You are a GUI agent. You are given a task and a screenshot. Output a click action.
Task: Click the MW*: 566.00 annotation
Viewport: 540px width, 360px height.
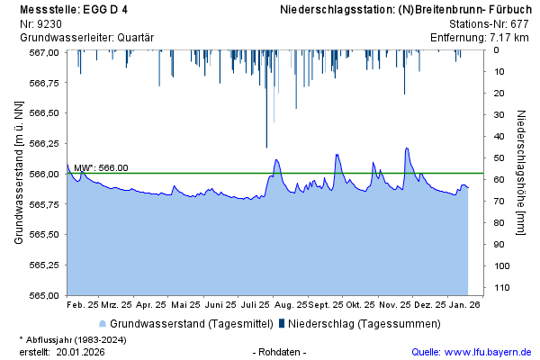pyautogui.click(x=101, y=167)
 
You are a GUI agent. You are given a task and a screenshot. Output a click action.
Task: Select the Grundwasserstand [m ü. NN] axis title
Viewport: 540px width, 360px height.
pyautogui.click(x=19, y=173)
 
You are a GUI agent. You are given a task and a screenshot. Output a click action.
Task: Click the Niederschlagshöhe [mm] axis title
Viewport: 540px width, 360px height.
pyautogui.click(x=521, y=173)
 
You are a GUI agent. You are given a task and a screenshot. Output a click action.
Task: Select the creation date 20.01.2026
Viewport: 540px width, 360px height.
pyautogui.click(x=80, y=352)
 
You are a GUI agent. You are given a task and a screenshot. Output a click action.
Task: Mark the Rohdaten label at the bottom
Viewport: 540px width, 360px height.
pyautogui.click(x=280, y=352)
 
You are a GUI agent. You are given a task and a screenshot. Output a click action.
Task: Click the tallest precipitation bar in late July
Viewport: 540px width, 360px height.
pyautogui.click(x=266, y=99)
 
